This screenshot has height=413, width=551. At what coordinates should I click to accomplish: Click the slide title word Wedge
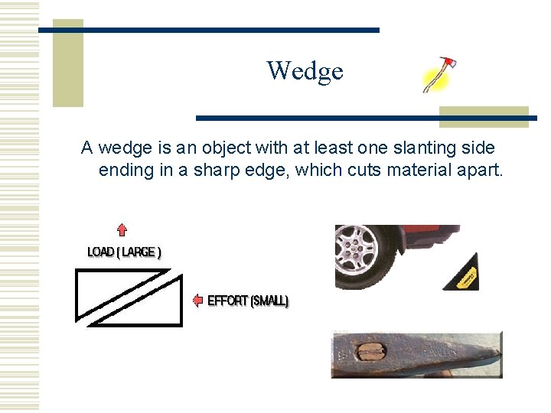[x=305, y=71]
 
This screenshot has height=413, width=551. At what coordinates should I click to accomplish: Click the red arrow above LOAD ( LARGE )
[x=121, y=229]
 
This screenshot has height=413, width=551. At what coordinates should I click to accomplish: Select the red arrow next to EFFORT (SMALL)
[x=197, y=300]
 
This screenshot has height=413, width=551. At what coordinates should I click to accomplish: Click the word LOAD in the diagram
[x=101, y=252]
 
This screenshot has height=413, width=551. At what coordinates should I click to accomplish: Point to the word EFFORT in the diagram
[x=228, y=301]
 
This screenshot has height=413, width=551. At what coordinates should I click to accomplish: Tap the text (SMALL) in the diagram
[x=269, y=301]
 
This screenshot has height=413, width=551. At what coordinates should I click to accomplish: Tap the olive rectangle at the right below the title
[x=484, y=116]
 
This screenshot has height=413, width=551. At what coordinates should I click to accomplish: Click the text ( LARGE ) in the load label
[x=139, y=252]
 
